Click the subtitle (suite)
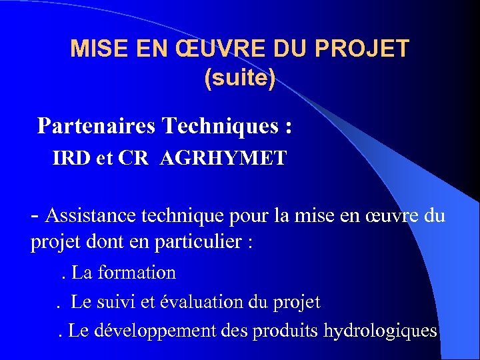click(239, 79)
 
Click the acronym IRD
click(69, 159)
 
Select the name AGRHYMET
click(223, 159)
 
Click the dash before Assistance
click(35, 215)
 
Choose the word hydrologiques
click(380, 331)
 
